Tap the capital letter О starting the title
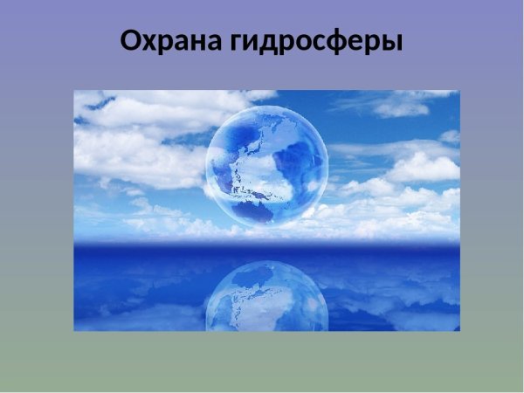(x=132, y=41)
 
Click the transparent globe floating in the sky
(x=266, y=166)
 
